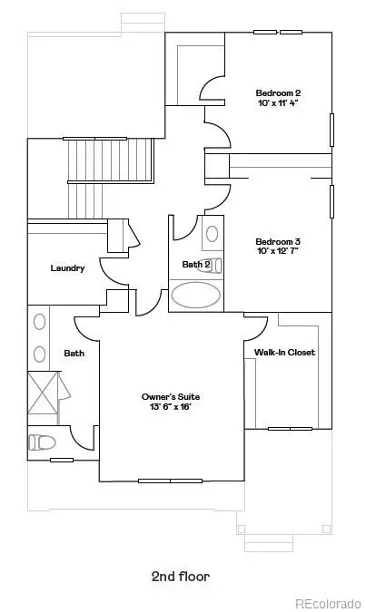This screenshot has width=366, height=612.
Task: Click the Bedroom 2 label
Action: [277, 92]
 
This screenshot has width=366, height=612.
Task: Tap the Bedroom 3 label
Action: [277, 241]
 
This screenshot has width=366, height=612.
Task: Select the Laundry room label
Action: [68, 267]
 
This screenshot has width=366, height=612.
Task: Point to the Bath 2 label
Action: [196, 265]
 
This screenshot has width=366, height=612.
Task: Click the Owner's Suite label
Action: [170, 397]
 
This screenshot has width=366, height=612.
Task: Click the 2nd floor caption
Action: [183, 576]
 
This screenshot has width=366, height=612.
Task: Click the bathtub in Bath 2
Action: [196, 295]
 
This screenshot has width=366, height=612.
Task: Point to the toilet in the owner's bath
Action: [42, 442]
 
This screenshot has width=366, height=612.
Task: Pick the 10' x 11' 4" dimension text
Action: [277, 103]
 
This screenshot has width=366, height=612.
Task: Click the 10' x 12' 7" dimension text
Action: [277, 252]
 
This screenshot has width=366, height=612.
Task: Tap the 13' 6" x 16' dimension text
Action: [170, 408]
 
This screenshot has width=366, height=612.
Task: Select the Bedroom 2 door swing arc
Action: [213, 89]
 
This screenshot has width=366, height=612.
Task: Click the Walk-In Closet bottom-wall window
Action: [290, 428]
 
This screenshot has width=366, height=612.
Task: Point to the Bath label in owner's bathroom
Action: [74, 353]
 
